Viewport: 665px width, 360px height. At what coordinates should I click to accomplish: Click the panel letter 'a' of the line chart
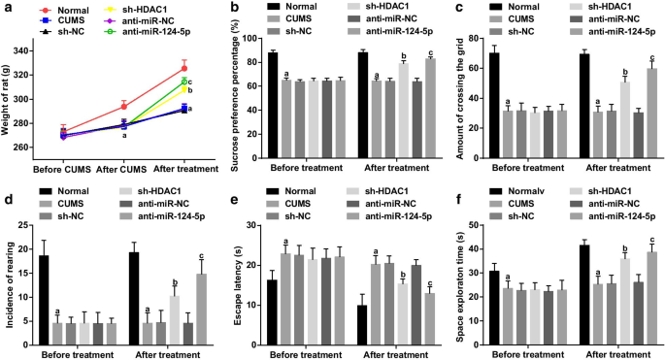point(6,8)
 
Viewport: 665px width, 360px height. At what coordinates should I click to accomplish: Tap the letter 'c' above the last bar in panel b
point(429,51)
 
